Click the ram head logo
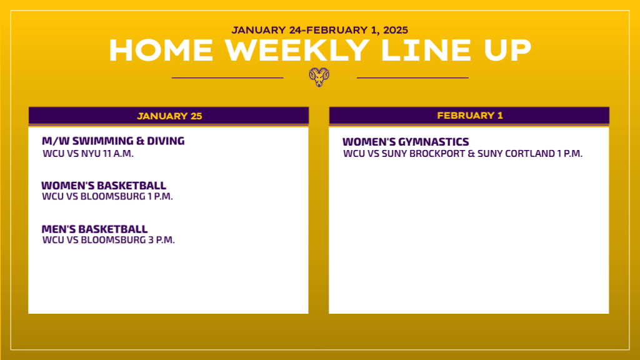(319, 77)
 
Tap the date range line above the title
(320, 30)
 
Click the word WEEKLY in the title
(297, 51)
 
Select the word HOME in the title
(161, 51)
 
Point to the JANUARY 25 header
(169, 116)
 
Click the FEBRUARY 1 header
(470, 116)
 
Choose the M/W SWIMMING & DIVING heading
(113, 141)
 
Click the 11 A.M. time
(118, 154)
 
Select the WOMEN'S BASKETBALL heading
(104, 185)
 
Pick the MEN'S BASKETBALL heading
(95, 229)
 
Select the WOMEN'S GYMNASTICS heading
(406, 142)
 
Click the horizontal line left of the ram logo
(227, 77)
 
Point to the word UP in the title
(507, 51)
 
